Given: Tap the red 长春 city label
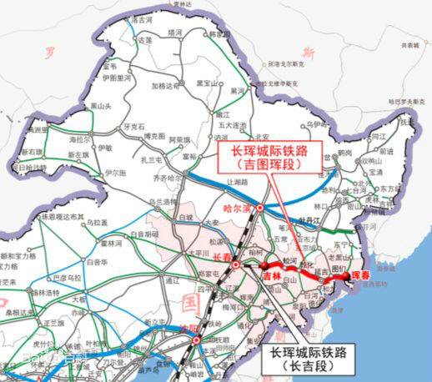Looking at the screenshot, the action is (x=222, y=258).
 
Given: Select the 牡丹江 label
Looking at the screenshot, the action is (x=310, y=221).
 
